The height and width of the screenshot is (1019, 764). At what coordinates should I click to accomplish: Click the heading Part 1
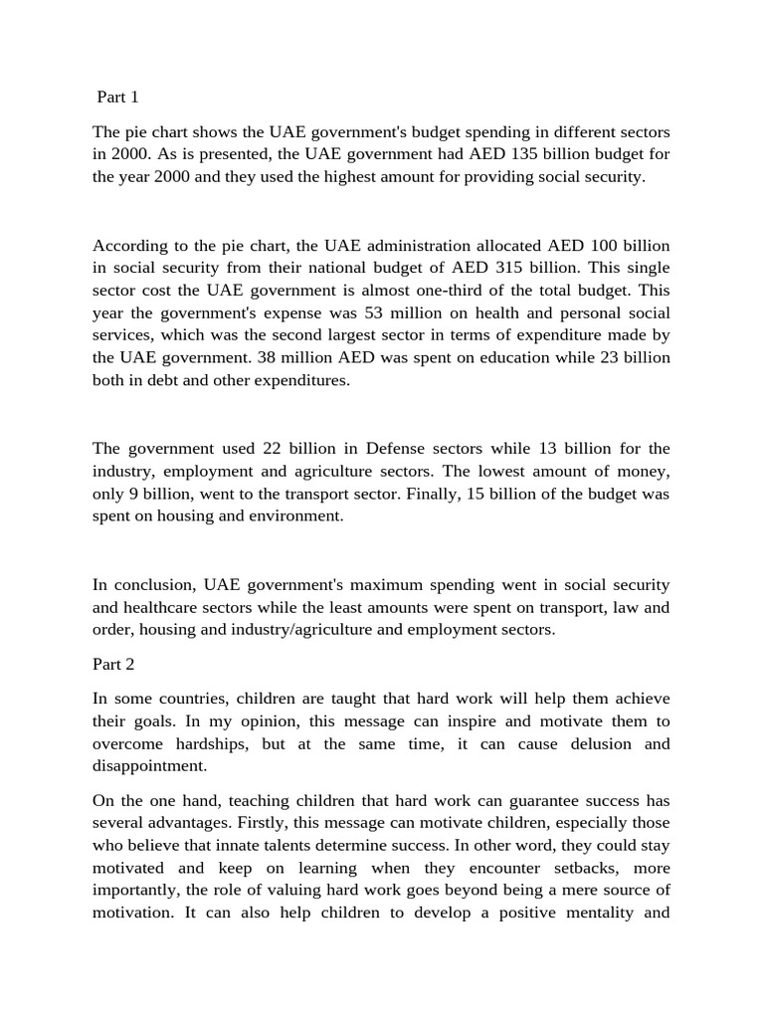tap(117, 97)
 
